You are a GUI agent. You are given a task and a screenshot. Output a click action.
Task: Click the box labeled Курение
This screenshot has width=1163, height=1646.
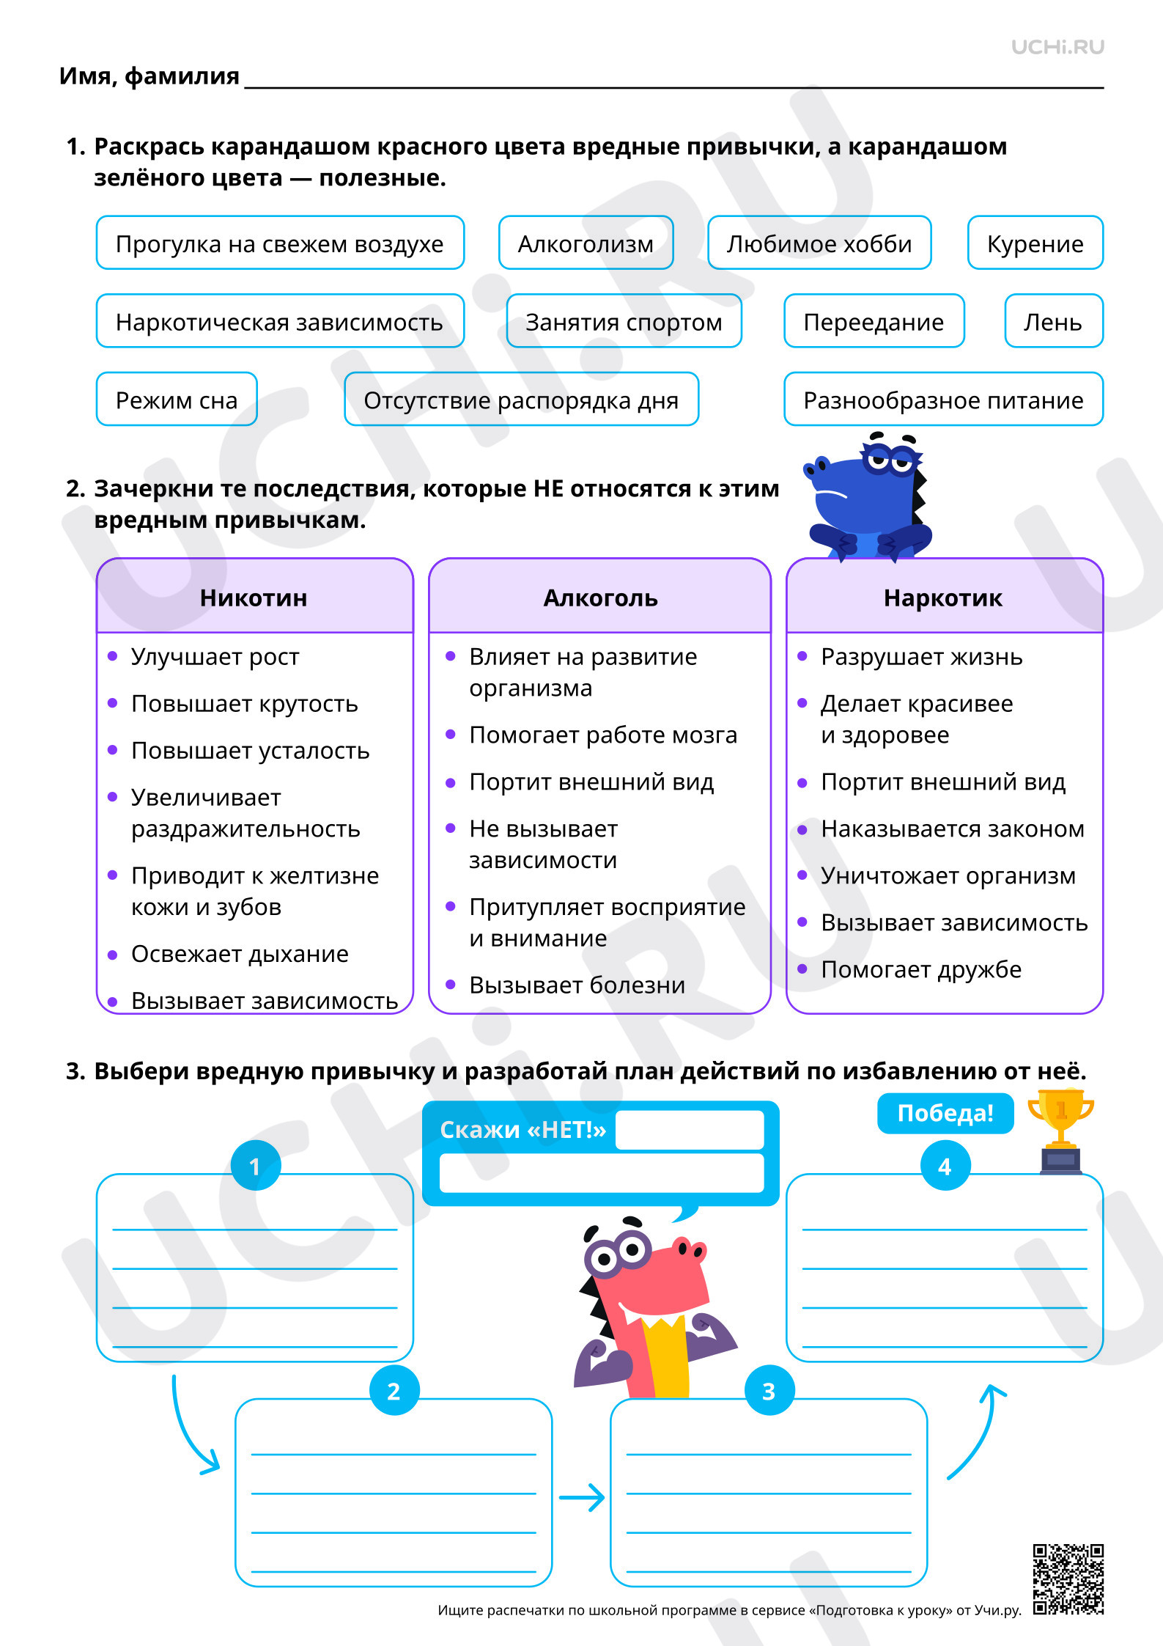[x=1035, y=243]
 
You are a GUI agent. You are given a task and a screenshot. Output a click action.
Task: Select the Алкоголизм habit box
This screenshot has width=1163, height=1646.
[x=586, y=243]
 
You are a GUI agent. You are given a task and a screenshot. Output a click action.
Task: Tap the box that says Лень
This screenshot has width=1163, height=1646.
[x=1054, y=321]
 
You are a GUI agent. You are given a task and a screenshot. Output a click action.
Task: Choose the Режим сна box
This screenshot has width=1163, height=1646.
[x=177, y=400]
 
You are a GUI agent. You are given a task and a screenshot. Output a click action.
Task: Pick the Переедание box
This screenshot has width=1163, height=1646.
[x=874, y=321]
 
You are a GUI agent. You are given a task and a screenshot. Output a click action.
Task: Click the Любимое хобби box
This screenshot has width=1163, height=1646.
[x=819, y=243]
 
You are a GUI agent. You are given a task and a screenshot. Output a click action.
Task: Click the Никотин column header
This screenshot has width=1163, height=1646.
[x=254, y=597]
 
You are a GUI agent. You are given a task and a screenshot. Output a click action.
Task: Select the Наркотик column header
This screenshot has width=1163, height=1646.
[x=944, y=597]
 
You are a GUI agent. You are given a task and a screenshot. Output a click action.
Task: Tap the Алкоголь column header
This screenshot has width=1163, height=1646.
[x=600, y=597]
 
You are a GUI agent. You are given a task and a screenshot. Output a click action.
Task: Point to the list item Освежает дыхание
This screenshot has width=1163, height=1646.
[x=240, y=954]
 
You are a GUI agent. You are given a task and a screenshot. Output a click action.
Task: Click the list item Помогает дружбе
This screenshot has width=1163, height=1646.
[x=921, y=969]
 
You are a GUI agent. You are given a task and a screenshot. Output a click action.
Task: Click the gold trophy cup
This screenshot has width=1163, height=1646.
[x=1061, y=1131]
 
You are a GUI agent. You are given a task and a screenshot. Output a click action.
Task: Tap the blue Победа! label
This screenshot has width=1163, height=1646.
[x=945, y=1113]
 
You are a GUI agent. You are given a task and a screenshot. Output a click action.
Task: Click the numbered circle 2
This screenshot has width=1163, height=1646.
[x=394, y=1390]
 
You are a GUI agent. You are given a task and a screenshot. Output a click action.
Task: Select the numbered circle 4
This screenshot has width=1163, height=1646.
[x=945, y=1166]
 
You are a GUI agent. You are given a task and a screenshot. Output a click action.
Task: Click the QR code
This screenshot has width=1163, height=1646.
[x=1068, y=1579]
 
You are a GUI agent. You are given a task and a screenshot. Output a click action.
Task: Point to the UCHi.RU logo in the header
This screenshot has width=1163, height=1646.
[x=1057, y=47]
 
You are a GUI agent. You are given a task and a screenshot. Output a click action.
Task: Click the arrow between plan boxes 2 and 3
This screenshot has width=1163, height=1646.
[x=582, y=1497]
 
